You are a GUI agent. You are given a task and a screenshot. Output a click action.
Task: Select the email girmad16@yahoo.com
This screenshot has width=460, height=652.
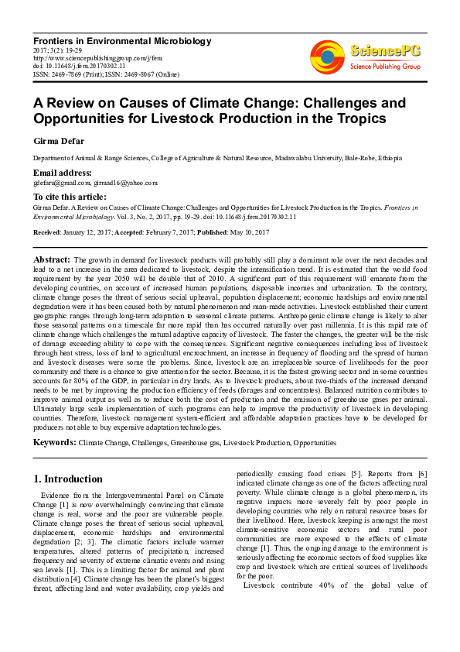coord(125,183)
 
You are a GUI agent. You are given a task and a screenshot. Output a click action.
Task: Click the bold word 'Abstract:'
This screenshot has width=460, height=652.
coord(52,259)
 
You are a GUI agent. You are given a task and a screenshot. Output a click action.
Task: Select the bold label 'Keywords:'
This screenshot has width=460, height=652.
coord(54,442)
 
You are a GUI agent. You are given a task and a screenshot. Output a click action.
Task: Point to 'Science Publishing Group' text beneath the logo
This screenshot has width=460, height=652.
coord(384,67)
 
